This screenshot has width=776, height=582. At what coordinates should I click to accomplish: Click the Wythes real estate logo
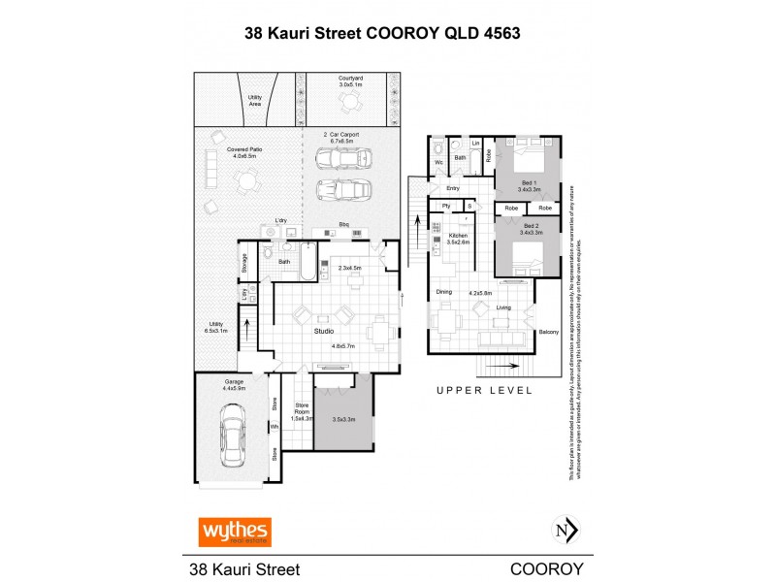[235, 532]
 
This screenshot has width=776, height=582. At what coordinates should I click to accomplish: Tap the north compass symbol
[565, 531]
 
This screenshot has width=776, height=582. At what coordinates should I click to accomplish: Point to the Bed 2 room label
[528, 229]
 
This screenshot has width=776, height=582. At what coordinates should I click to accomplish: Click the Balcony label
[548, 333]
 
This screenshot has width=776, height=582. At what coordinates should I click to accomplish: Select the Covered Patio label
[242, 151]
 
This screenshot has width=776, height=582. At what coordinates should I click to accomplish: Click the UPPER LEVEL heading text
[484, 390]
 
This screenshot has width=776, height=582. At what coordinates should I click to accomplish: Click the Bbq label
[343, 223]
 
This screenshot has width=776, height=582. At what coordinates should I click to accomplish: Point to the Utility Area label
[255, 100]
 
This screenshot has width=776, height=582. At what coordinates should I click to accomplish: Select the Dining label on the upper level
[443, 291]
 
